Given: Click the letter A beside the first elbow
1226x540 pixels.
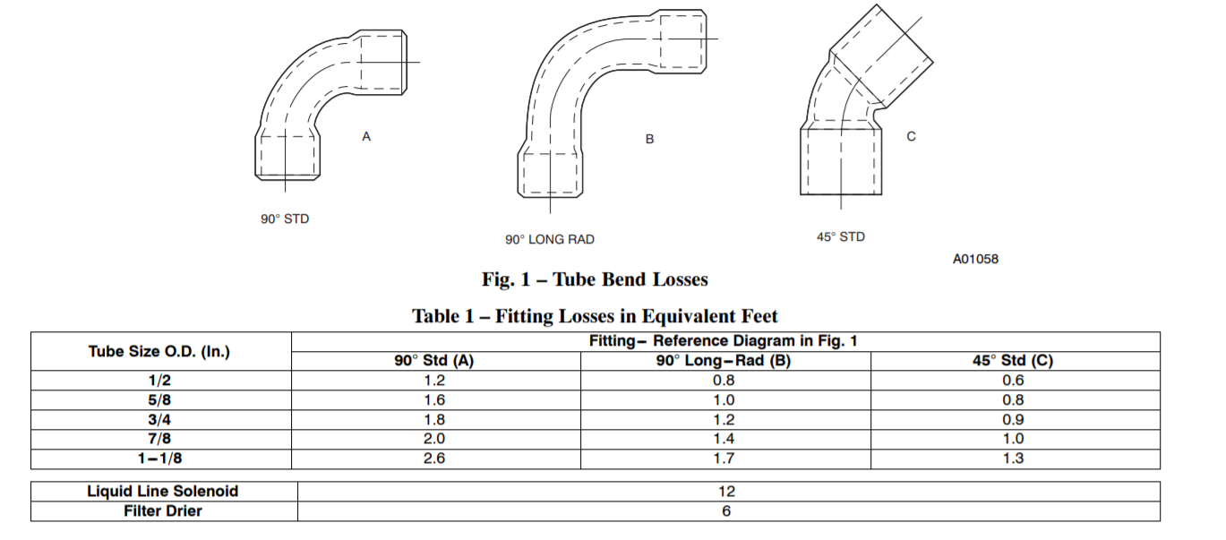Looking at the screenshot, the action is (366, 136).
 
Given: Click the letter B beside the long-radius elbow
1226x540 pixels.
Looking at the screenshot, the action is (649, 139).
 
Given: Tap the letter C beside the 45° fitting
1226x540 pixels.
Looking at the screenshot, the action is (912, 136).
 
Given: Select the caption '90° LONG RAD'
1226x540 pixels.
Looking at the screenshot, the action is (550, 240).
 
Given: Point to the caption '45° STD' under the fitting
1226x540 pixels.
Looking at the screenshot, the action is (841, 237).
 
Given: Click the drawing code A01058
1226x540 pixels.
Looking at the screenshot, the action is (975, 259).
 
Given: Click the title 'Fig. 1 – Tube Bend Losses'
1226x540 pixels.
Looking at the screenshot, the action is (595, 279).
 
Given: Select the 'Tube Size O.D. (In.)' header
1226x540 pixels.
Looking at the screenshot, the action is (159, 351).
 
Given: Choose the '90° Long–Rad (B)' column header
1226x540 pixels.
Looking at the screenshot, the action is (724, 361).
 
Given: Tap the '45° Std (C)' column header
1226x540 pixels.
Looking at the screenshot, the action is (1013, 361).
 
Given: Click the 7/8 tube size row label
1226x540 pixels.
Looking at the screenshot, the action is (159, 439).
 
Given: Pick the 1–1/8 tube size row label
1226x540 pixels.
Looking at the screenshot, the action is (159, 459).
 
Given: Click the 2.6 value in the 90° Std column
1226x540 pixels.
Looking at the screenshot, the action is (434, 459).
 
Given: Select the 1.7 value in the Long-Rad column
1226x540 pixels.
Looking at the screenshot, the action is (724, 459).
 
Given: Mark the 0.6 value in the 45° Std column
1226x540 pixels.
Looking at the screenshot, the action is (1013, 381).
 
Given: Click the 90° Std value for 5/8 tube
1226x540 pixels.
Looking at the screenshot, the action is (434, 400).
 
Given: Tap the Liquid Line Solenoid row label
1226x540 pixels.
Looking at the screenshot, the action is (163, 492).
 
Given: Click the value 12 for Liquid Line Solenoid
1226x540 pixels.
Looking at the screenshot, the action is (726, 492).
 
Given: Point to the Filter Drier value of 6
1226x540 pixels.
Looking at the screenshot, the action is (726, 511).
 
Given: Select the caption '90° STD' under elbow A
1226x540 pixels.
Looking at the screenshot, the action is (285, 219).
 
